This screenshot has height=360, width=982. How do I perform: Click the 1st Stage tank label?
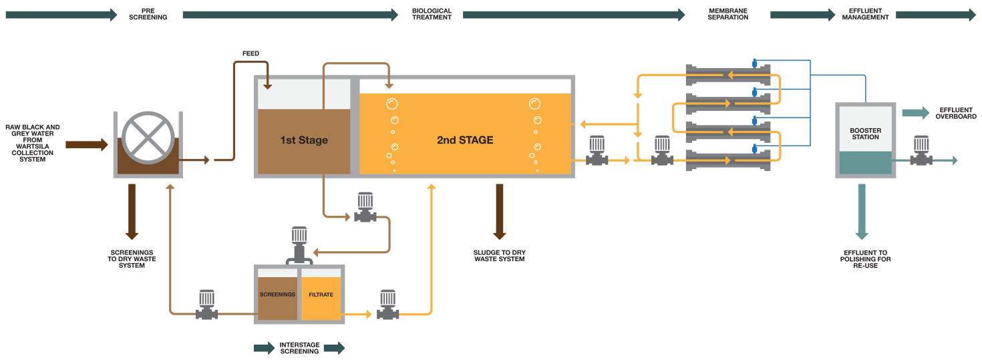[303, 140]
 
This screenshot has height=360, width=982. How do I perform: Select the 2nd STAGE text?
[465, 140]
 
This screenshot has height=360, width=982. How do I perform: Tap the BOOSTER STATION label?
[865, 134]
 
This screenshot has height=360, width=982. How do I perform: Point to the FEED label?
[251, 53]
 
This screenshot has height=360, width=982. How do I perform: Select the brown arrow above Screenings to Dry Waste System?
[132, 212]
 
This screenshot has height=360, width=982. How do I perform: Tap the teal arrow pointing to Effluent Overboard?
[915, 113]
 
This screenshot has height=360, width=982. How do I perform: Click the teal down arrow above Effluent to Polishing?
[862, 212]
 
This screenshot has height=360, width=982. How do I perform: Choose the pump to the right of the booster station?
[922, 151]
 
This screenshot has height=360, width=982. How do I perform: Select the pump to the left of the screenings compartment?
[207, 305]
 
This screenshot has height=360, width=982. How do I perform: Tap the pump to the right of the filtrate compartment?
[388, 305]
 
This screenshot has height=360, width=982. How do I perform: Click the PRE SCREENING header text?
[148, 15]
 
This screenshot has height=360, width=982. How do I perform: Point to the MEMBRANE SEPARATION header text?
[728, 15]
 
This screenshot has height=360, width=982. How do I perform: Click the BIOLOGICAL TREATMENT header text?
[432, 15]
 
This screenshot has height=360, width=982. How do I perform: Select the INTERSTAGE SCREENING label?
[299, 348]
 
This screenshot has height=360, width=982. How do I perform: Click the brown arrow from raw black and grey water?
[86, 144]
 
